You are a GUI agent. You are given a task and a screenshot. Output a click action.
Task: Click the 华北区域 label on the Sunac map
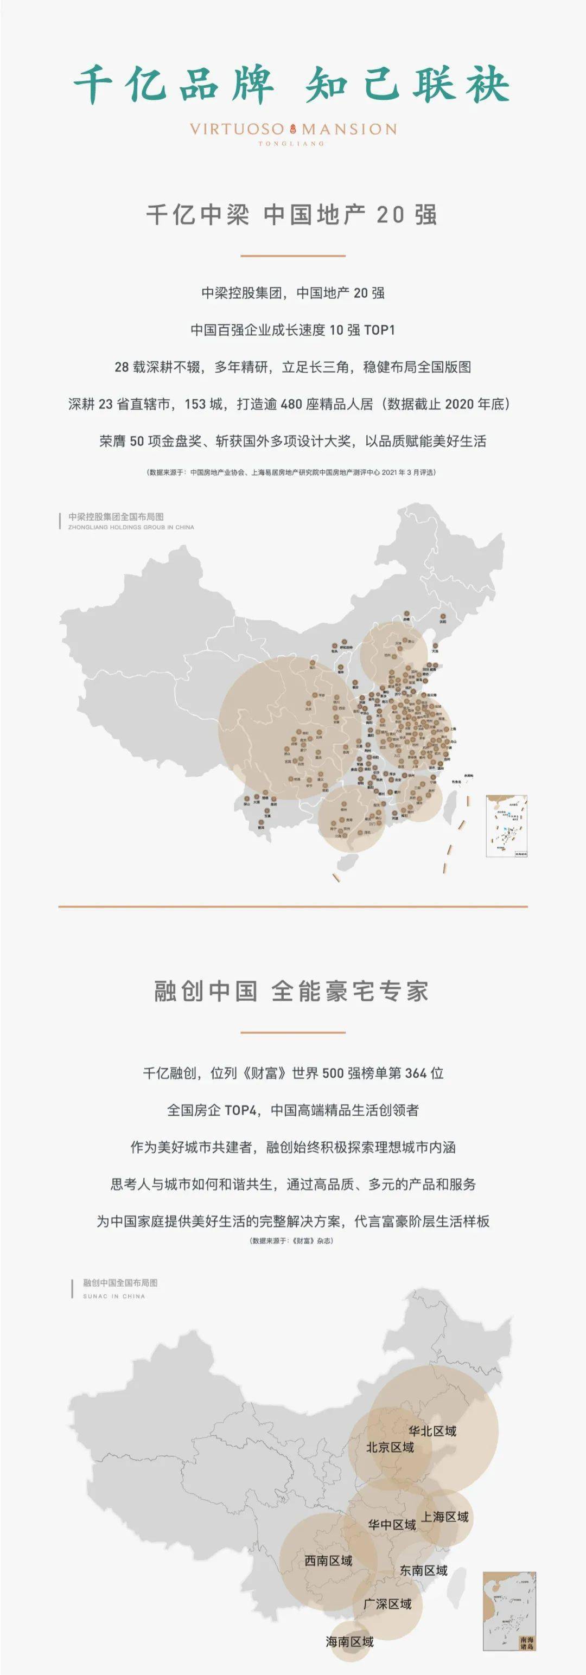click(x=432, y=1430)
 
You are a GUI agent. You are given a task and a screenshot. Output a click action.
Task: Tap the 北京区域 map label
click(x=390, y=1447)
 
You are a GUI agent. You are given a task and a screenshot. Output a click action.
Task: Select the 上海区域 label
click(x=445, y=1517)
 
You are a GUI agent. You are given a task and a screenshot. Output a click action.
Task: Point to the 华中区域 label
click(x=392, y=1525)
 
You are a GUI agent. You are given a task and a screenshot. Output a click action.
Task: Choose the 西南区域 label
click(x=328, y=1561)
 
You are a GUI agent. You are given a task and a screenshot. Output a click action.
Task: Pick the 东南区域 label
click(x=423, y=1570)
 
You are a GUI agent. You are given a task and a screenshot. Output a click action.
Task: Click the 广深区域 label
click(x=387, y=1604)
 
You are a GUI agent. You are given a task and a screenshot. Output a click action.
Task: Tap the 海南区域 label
click(x=349, y=1642)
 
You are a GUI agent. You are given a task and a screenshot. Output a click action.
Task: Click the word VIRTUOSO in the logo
click(x=237, y=130)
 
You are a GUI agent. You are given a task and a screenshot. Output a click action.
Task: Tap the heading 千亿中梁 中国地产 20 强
click(x=291, y=215)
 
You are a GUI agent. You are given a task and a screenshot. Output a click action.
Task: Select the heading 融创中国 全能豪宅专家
click(x=291, y=991)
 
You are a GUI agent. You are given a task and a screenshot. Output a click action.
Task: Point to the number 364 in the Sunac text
click(x=416, y=1073)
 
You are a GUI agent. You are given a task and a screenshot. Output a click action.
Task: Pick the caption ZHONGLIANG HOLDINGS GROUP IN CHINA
click(x=131, y=527)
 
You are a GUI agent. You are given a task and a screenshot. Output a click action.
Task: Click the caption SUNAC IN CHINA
click(x=114, y=1296)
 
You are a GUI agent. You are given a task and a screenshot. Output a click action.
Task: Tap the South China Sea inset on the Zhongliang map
click(x=507, y=825)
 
